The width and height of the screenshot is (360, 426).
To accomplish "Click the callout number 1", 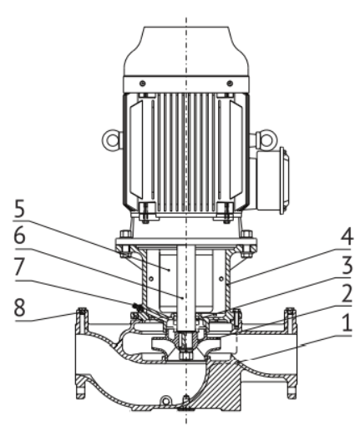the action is pos(347,322).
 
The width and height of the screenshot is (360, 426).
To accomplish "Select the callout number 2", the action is pos(347,293).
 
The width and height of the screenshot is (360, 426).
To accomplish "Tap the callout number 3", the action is pos(347,265).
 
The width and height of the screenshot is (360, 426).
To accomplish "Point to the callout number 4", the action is pos(347,236).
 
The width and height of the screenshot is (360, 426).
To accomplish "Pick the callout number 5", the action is pos(19,208).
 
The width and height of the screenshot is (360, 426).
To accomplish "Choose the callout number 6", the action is pos(19,236).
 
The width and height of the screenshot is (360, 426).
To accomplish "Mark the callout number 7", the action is pos(20,266).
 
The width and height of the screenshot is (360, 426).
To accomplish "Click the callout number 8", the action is pos(19,307).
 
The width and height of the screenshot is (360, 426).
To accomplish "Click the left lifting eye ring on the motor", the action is pos(112,139).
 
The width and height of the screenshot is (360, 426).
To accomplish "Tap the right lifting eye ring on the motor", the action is pos(266,139).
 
